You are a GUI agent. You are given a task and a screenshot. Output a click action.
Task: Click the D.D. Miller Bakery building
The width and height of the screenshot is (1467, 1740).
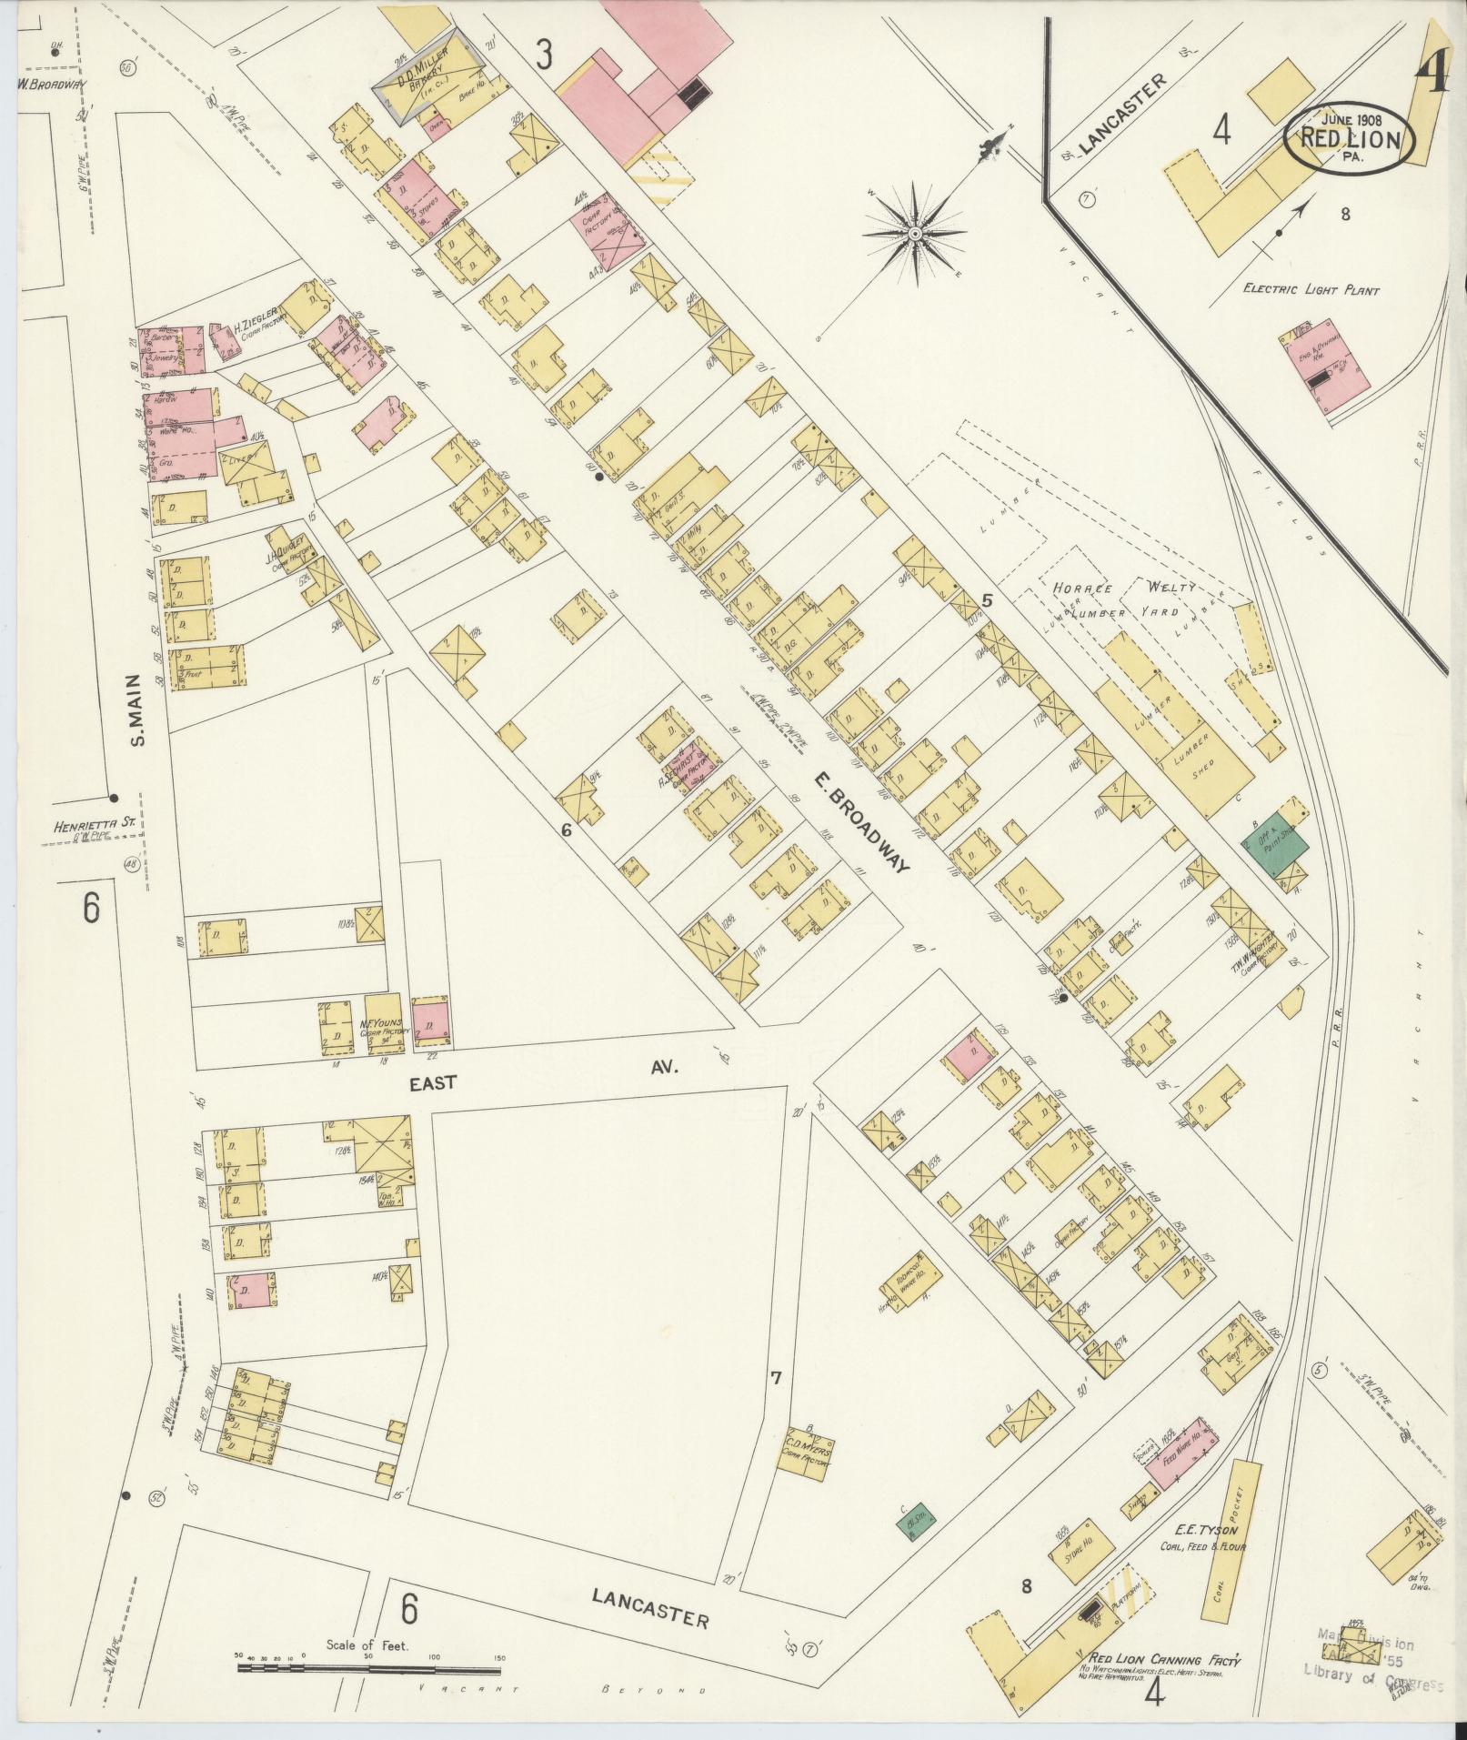pos(426,84)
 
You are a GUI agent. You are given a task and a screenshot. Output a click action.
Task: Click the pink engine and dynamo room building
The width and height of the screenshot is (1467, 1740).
pos(1317,367)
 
